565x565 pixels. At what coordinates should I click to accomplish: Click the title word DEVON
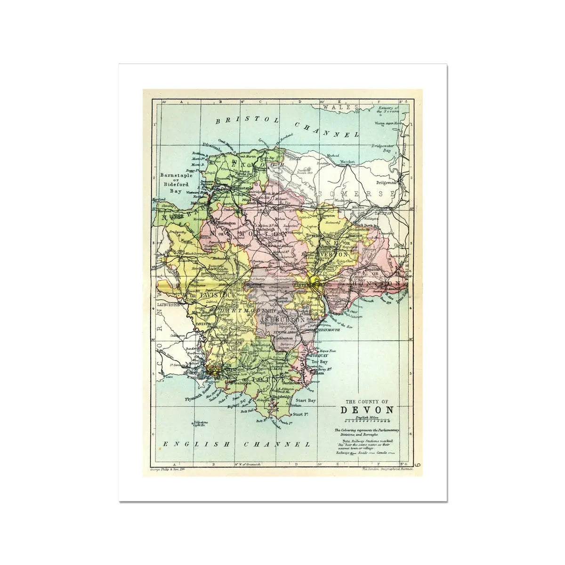pyautogui.click(x=367, y=409)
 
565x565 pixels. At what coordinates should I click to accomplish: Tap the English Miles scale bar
pyautogui.click(x=367, y=421)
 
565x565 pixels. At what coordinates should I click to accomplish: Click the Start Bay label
pyautogui.click(x=305, y=400)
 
